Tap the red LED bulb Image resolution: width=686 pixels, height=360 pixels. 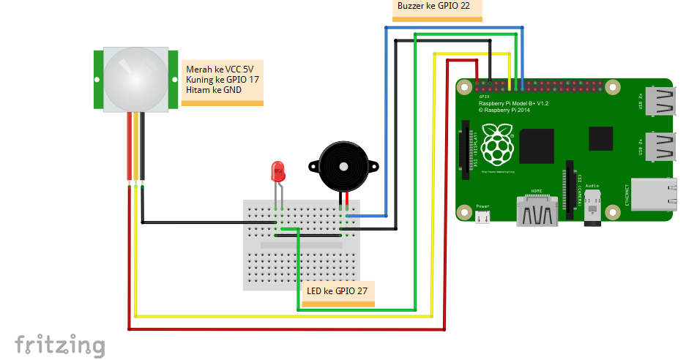pos(278,173)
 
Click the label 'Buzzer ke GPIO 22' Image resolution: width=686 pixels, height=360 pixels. pos(433,6)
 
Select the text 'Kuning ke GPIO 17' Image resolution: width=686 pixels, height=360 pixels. pos(223,80)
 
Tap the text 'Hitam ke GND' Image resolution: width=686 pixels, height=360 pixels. pos(214,90)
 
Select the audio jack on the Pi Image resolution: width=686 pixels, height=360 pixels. pos(592,211)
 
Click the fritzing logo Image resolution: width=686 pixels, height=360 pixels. pos(59,345)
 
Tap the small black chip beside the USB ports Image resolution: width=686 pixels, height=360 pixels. pos(600,138)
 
